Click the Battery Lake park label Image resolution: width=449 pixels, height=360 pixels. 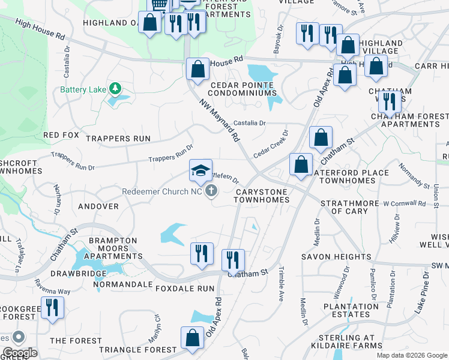(x=82, y=91)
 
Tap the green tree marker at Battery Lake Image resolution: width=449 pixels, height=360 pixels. (x=115, y=90)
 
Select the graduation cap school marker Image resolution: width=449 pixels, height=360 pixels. (x=200, y=170)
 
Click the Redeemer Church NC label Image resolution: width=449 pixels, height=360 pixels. (x=162, y=191)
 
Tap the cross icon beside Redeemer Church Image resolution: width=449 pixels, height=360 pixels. (x=211, y=191)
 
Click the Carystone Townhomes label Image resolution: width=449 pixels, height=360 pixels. (x=262, y=196)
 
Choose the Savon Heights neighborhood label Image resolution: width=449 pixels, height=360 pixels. (x=336, y=257)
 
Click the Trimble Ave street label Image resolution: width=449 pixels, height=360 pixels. (x=281, y=284)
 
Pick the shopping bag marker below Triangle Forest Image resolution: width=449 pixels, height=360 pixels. (x=192, y=338)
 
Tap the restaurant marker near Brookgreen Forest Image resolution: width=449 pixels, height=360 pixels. (x=52, y=308)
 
